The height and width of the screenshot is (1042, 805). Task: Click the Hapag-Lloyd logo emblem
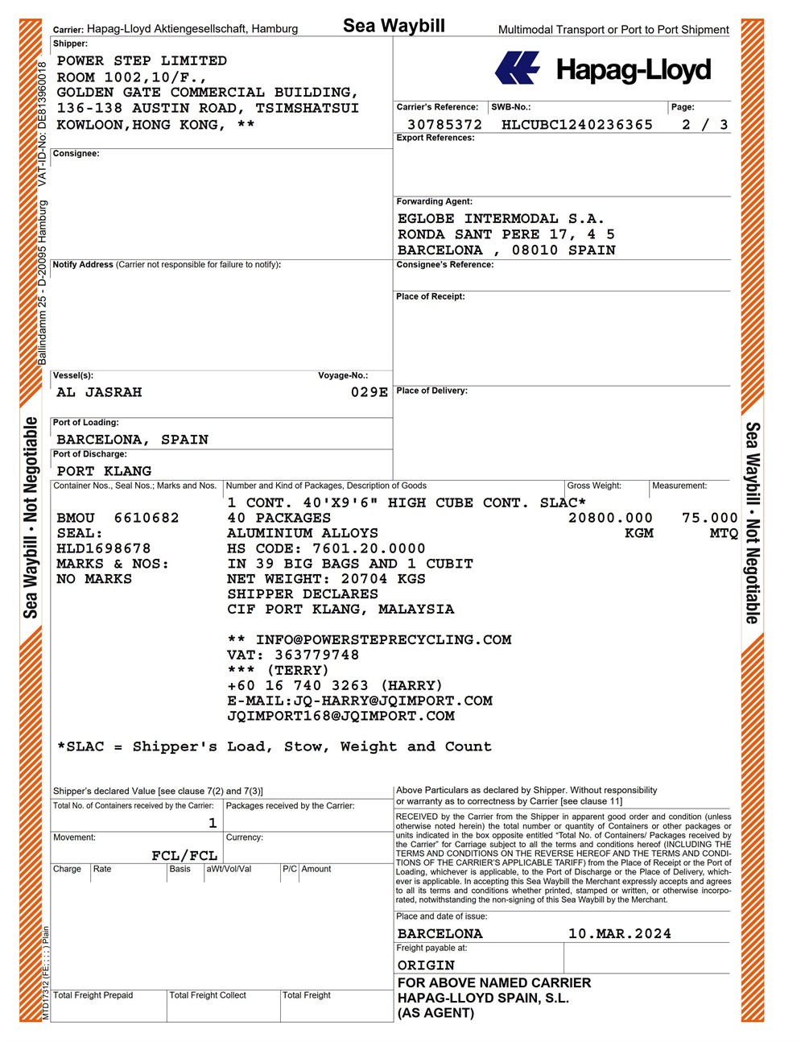tap(517, 68)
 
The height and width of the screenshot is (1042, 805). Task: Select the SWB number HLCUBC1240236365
tap(576, 125)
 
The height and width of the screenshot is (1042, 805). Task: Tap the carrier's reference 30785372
tap(444, 125)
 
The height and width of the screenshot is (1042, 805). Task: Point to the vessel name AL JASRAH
tap(99, 392)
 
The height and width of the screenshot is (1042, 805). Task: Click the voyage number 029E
tap(369, 392)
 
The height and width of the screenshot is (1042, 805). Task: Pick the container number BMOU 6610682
tap(118, 518)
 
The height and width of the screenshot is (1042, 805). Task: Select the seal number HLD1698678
tap(104, 548)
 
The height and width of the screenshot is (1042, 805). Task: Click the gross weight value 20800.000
tap(610, 518)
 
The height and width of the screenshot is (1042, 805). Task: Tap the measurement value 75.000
tap(709, 518)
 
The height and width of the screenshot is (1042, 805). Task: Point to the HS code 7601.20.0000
tap(369, 548)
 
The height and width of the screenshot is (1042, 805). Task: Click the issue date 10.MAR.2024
tap(619, 934)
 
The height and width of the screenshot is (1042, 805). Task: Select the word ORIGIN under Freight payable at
tap(426, 966)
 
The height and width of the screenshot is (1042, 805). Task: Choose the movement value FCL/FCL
tap(184, 855)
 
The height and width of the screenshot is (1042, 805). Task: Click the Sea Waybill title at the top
tap(394, 26)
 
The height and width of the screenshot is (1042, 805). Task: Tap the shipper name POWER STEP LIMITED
tap(142, 61)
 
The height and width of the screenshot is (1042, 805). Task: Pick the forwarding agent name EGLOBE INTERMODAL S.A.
tap(501, 219)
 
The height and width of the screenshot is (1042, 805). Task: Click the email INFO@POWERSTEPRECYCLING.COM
tap(383, 640)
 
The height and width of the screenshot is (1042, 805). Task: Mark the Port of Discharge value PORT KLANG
tap(104, 471)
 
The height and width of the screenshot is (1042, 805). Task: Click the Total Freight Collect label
tap(208, 995)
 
